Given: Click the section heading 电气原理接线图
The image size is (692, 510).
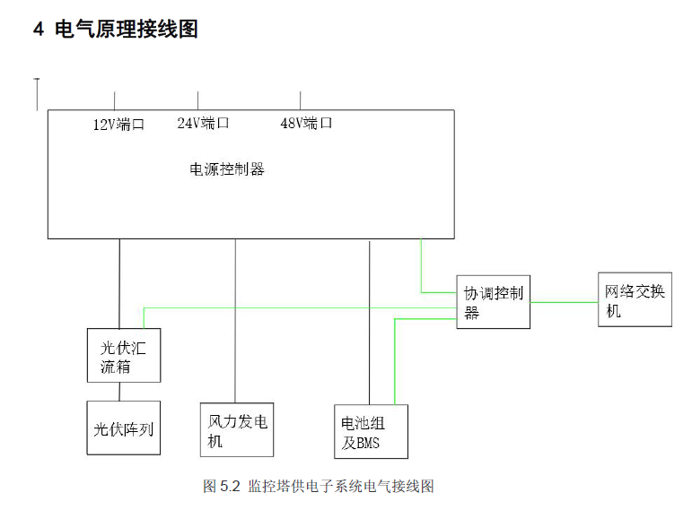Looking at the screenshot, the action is tap(127, 29).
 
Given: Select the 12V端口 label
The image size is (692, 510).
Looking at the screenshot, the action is tap(118, 125).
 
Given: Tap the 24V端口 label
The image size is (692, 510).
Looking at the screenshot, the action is tap(203, 123).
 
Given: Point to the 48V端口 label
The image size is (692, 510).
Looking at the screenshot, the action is tap(306, 123).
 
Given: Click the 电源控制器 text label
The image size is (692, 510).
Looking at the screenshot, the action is tap(227, 169).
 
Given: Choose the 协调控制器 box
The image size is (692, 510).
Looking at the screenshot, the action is tap(494, 302).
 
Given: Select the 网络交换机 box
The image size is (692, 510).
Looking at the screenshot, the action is tap(635, 299).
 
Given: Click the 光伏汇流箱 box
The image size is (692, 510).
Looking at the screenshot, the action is tap(124, 355).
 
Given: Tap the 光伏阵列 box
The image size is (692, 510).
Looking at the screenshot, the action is tap(124, 428).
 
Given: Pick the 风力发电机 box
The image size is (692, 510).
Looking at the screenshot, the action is tap(237, 429).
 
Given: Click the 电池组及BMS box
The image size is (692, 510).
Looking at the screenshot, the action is tap(372, 431).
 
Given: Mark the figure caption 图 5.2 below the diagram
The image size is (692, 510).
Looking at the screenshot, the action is tap(319, 486).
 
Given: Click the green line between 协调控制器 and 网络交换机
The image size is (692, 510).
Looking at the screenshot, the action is tap(564, 302).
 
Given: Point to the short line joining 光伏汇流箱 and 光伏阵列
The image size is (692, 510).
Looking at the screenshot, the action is tap(119, 392).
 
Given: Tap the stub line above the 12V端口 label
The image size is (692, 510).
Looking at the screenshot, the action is tap(115, 101).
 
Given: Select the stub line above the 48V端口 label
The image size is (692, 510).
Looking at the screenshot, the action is tap(301, 101).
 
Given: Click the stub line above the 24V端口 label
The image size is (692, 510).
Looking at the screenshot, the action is tap(197, 101).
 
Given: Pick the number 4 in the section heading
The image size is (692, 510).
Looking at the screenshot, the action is tap(39, 30).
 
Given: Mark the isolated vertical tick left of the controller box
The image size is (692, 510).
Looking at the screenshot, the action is tap(37, 94).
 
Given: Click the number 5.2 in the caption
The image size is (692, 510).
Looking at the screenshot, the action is tap(230, 486).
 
